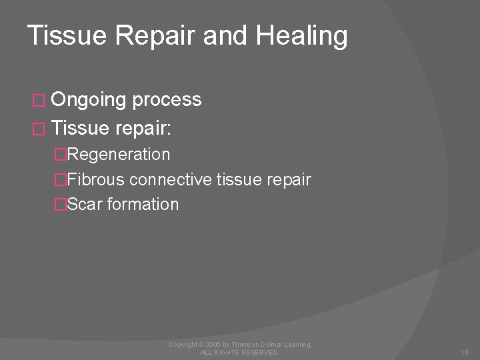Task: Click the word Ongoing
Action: click(88, 100)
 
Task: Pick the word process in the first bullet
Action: click(167, 100)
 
